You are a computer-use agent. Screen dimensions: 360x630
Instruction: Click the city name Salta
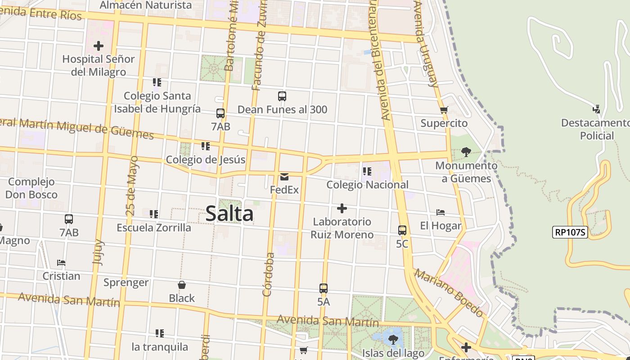coord(229,213)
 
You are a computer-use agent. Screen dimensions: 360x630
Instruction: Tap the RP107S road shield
coord(570,232)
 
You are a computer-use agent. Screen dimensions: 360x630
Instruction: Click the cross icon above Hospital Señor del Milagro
coord(99,46)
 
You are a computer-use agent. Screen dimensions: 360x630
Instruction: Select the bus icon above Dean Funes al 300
coord(282,96)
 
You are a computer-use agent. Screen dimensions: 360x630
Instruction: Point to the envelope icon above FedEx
coord(284,176)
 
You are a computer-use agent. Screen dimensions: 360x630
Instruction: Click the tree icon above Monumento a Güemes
coord(466,152)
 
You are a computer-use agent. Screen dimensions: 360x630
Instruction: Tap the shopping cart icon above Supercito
coord(444,110)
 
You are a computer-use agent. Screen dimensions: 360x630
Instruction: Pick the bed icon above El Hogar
coord(441,212)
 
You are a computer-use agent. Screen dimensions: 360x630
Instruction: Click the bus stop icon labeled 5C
coord(402,230)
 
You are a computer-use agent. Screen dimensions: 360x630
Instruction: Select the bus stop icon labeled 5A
coord(324,288)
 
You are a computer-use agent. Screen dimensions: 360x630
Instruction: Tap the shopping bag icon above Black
coord(182,285)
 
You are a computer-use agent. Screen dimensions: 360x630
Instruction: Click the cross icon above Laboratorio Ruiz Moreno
coord(342,208)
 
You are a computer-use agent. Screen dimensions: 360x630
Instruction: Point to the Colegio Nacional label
coord(367,184)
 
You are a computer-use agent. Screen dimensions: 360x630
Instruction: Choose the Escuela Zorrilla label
coord(154,228)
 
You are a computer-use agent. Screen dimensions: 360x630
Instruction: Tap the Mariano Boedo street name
coord(449,293)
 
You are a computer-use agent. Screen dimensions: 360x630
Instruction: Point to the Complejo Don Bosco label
coord(31,188)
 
